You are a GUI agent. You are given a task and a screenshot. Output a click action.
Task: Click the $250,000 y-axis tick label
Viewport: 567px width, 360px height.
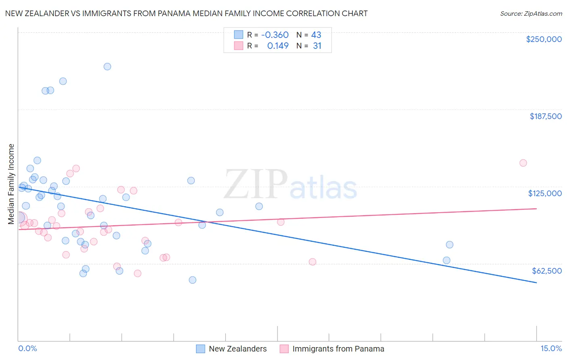(x=544, y=39)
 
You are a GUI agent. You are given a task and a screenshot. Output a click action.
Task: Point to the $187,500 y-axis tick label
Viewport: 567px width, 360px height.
(x=545, y=116)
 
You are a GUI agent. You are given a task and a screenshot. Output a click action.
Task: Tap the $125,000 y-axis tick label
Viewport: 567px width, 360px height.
(x=545, y=193)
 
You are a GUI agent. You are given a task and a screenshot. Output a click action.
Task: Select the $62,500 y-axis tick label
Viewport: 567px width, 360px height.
(x=546, y=271)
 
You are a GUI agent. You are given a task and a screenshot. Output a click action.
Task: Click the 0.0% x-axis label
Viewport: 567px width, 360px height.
(x=27, y=348)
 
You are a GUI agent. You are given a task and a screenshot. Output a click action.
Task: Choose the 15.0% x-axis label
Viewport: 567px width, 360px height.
(x=551, y=348)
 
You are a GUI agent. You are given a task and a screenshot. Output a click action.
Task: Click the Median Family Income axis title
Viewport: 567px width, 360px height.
(x=11, y=184)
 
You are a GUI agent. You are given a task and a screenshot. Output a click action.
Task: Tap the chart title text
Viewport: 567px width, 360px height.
(x=186, y=13)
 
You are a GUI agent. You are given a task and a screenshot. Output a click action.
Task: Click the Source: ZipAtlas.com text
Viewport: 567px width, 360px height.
(x=531, y=13)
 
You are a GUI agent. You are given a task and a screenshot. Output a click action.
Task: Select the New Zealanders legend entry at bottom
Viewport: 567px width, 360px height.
(x=238, y=349)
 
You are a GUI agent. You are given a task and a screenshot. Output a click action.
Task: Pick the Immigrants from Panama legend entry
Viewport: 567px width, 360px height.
(x=338, y=349)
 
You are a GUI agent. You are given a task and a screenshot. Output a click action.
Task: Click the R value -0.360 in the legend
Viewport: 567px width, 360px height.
(x=275, y=35)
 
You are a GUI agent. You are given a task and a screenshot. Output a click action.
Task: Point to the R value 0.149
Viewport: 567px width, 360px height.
(x=278, y=46)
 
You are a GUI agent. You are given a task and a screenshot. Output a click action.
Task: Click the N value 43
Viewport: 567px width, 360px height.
(x=316, y=35)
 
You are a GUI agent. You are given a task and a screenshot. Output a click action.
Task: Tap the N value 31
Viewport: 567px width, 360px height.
(x=317, y=46)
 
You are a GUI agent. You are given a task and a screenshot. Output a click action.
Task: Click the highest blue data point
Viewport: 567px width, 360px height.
(x=107, y=67)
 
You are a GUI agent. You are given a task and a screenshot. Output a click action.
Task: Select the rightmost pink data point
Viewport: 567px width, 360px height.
(x=523, y=163)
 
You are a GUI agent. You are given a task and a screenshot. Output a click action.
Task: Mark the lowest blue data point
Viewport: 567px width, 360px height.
(x=192, y=280)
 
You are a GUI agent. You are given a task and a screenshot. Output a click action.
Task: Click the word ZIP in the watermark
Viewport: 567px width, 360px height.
(x=255, y=184)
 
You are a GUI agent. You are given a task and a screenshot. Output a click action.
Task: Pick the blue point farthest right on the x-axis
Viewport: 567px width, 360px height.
(x=450, y=245)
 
